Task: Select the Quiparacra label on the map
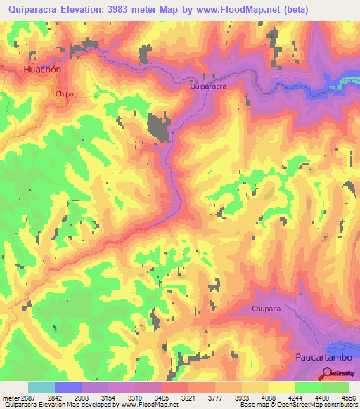pos(208,86)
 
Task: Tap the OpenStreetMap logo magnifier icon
pos(328,375)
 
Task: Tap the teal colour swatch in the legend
pos(41,387)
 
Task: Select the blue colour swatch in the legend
pos(68,387)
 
